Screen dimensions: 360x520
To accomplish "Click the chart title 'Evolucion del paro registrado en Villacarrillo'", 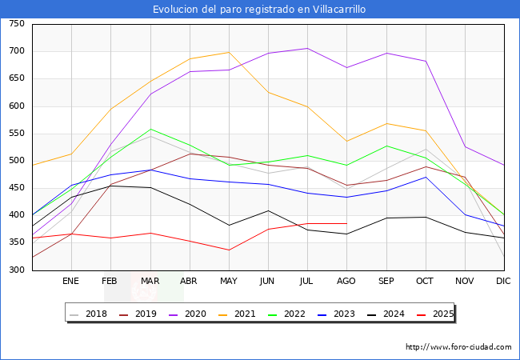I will [x=260, y=10].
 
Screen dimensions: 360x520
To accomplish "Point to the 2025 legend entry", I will [x=434, y=314].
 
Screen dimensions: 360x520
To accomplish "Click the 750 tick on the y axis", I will [x=16, y=24].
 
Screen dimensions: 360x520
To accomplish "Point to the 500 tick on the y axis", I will [x=16, y=161].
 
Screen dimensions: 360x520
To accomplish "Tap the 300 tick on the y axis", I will [x=16, y=270].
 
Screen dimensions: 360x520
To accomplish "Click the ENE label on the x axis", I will [x=71, y=282].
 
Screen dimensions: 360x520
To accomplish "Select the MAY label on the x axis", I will [x=229, y=282].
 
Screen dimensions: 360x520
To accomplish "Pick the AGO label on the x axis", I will [x=346, y=282].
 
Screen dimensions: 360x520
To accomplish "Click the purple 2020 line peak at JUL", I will [x=307, y=48].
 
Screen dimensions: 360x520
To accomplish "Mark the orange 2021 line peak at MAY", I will [x=229, y=52].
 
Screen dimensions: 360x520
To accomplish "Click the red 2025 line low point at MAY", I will [x=229, y=250].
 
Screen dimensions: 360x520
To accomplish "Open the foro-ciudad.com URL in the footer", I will [x=458, y=347].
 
